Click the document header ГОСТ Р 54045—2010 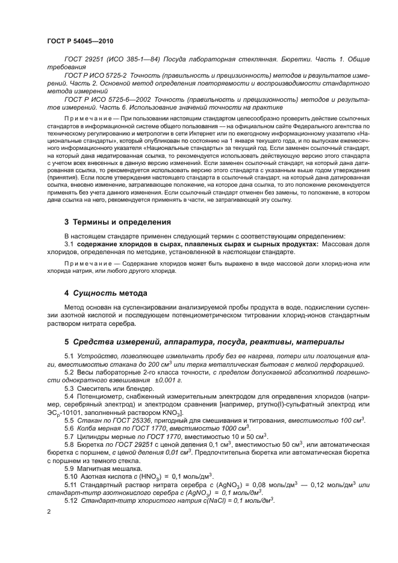tap(79, 41)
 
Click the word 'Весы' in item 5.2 tap(86, 373)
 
